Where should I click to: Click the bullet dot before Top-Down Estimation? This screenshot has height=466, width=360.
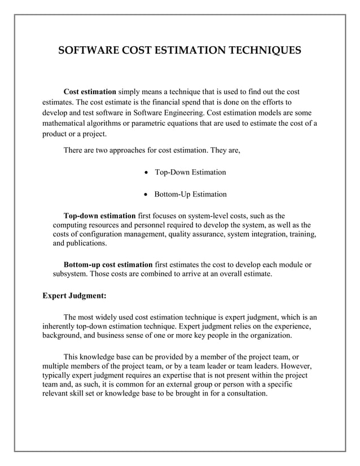(x=147, y=172)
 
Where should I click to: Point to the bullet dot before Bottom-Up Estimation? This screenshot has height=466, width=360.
(x=147, y=195)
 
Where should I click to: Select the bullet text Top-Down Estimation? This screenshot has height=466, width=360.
(x=190, y=172)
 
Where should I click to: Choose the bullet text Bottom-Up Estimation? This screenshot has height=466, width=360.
(x=191, y=195)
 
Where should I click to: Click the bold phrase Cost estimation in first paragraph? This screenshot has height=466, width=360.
(x=90, y=92)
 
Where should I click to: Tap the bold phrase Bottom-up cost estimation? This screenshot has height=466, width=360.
(x=108, y=265)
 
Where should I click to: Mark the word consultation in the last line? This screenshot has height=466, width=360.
(x=243, y=394)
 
